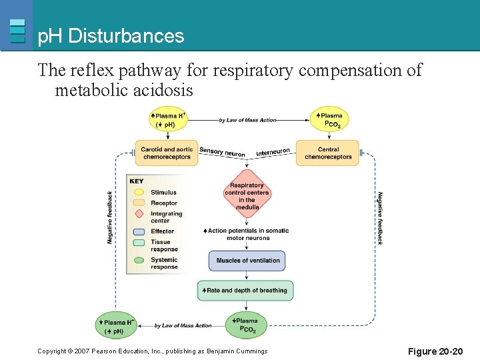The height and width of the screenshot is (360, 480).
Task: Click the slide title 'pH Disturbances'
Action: (x=111, y=36)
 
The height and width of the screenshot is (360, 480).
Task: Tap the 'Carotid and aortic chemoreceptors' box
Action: (x=167, y=153)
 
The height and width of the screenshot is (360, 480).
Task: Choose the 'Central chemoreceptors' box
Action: (x=327, y=153)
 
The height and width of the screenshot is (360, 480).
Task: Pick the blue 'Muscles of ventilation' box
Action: (x=247, y=260)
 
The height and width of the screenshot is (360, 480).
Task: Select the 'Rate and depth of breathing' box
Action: (x=246, y=290)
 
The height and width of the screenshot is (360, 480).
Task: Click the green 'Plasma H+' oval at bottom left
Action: (x=117, y=326)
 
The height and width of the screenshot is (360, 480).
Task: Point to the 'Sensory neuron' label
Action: (x=222, y=152)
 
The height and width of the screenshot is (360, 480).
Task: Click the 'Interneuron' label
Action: (x=273, y=152)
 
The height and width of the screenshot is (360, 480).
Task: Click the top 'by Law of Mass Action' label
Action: (x=247, y=120)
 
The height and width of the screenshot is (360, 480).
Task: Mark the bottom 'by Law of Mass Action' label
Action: (x=183, y=325)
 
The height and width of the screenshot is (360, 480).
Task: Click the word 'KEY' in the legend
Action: (x=137, y=181)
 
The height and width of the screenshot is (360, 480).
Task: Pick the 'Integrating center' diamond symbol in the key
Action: (x=139, y=214)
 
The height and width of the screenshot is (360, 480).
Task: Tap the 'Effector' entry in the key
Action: (x=162, y=231)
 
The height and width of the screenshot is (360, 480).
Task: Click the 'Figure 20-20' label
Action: (x=434, y=351)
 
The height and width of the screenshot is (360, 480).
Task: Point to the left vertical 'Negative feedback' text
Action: (x=111, y=217)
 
